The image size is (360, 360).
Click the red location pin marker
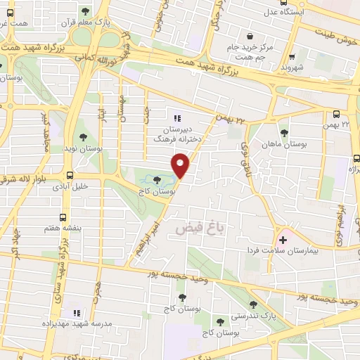point(181,165)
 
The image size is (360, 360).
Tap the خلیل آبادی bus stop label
point(71,188)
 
